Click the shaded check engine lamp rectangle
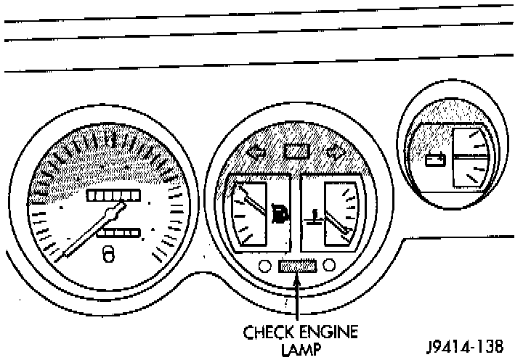point(297,266)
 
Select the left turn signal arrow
point(256,154)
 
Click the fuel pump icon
point(278,215)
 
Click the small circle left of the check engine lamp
point(264,266)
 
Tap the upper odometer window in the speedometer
point(113,196)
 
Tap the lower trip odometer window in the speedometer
point(118,232)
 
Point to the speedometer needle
point(91,232)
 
